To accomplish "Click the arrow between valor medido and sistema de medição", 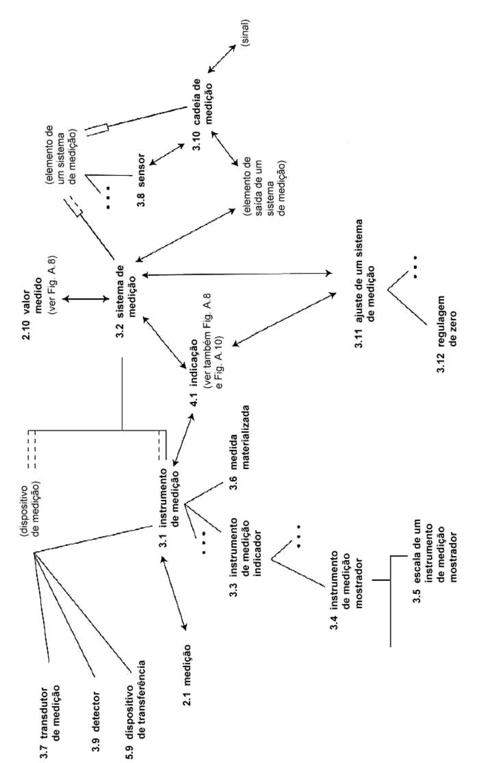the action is coord(86,299).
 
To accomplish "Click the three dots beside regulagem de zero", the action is coord(415,267).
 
